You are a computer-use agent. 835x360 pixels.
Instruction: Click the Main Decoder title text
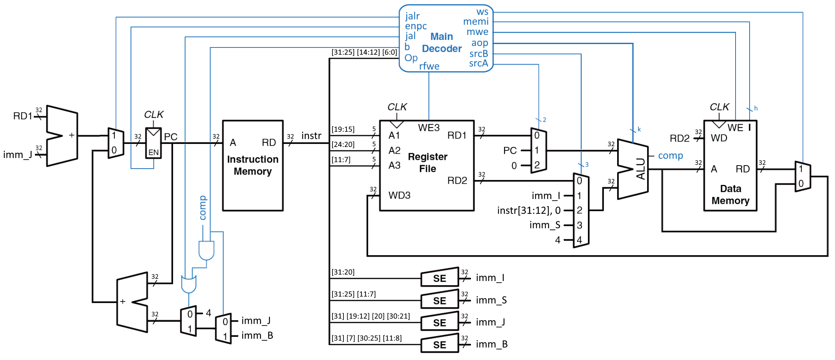(441, 43)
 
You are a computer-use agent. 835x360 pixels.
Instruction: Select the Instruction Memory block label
(252, 165)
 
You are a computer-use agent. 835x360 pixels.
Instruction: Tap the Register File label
(427, 163)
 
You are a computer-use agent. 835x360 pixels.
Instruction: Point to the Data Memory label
(730, 194)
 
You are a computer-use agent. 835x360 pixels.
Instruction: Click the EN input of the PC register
(153, 152)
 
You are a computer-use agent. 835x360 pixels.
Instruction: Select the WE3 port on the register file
(429, 128)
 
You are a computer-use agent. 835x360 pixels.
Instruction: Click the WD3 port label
(399, 195)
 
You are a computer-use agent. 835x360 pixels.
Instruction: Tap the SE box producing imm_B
(440, 344)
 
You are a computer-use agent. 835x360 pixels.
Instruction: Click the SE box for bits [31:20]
(440, 278)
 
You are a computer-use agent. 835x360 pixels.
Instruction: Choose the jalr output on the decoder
(412, 16)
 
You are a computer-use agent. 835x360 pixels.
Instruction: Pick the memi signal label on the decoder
(476, 22)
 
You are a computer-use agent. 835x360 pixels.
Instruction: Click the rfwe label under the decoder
(429, 66)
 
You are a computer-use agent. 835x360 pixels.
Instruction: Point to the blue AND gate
(206, 250)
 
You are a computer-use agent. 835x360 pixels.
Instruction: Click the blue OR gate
(189, 284)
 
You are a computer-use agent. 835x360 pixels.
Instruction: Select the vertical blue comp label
(203, 208)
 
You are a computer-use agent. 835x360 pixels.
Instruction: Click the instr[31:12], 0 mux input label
(529, 210)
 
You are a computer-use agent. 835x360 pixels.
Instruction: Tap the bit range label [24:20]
(343, 144)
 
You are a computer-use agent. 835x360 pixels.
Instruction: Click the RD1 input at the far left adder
(23, 116)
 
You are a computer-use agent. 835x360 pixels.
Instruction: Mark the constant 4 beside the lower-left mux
(208, 313)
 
